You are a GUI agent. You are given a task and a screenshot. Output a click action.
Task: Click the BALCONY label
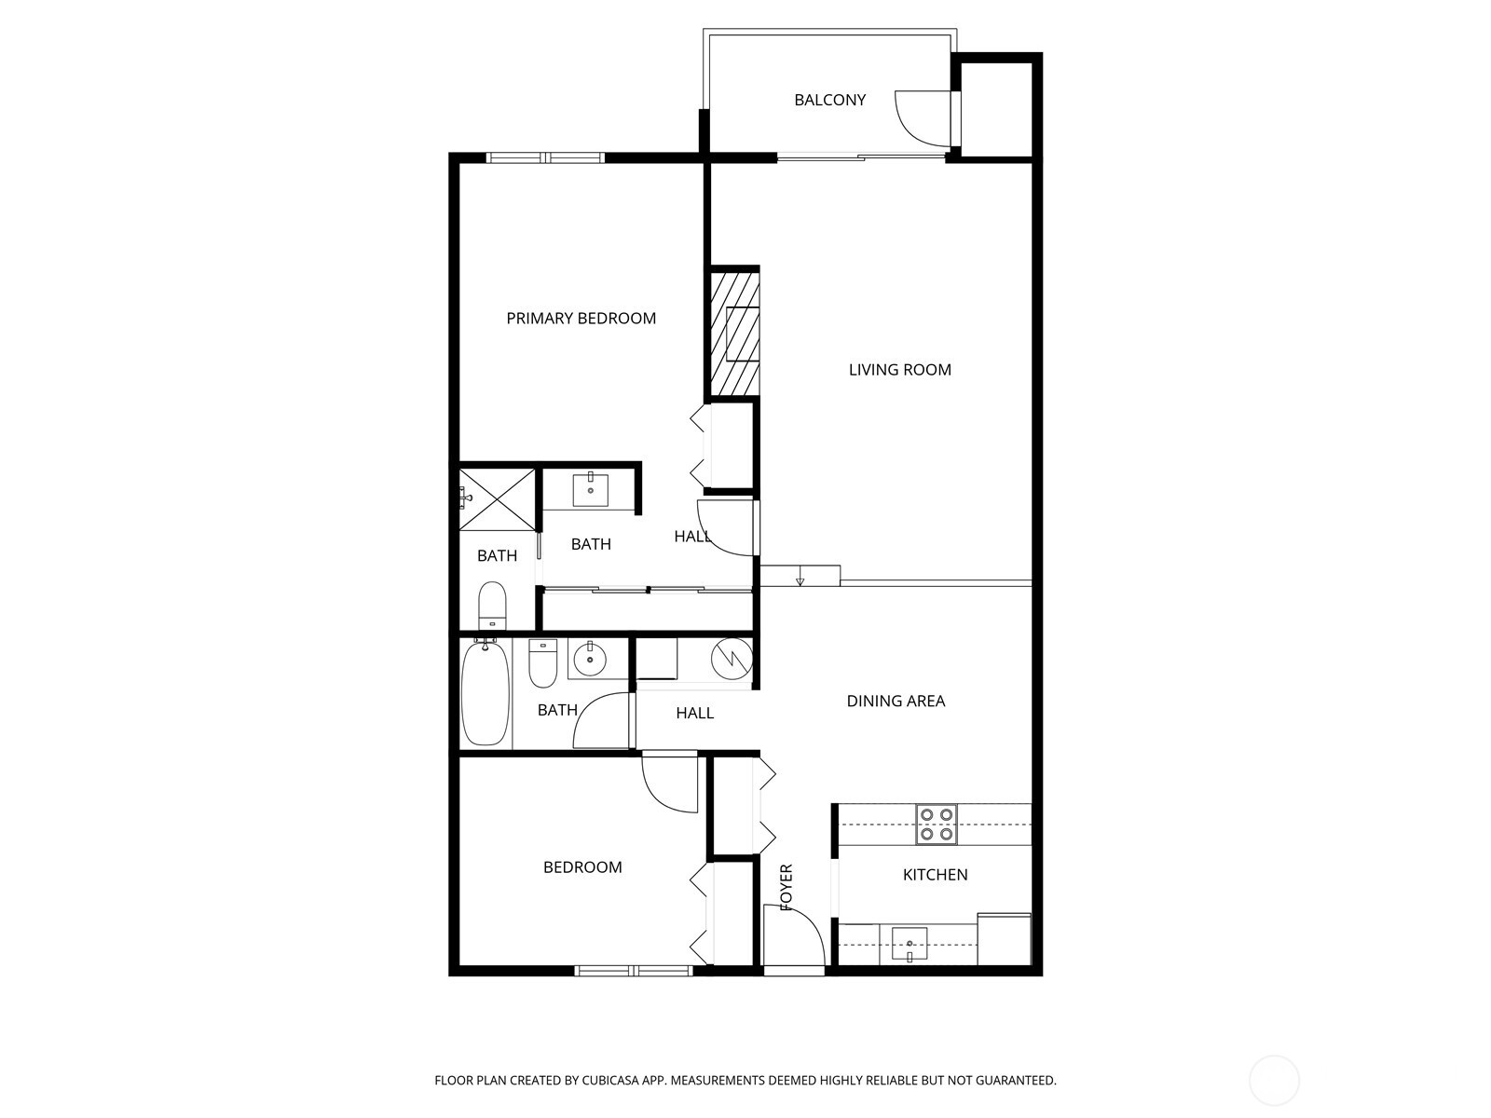829,100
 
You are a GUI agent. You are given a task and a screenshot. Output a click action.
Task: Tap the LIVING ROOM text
899,370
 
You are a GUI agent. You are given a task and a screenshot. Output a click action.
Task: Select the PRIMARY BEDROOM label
581,319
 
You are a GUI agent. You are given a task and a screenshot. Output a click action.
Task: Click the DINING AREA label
896,702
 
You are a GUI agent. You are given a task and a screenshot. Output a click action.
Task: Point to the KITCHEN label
935,875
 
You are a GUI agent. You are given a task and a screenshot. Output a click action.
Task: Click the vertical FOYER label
786,886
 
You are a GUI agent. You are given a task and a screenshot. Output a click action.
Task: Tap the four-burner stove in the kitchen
936,825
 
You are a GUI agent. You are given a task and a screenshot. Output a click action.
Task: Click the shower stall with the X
498,499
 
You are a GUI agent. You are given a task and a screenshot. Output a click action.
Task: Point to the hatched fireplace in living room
732,333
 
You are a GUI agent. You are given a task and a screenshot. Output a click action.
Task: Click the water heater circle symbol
732,659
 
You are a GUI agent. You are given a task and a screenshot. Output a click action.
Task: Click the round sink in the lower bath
589,661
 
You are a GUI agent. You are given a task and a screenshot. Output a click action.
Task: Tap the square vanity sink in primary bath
590,489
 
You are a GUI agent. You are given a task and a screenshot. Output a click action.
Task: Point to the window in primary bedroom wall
545,157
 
